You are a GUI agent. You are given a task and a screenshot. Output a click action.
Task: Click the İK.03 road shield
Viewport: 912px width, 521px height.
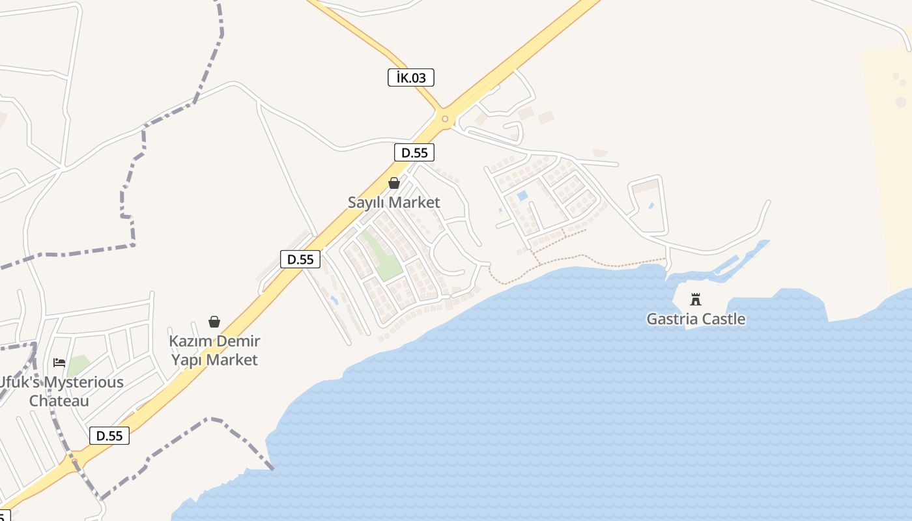(410, 78)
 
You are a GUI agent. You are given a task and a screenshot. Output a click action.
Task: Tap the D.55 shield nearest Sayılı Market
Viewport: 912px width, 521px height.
(414, 153)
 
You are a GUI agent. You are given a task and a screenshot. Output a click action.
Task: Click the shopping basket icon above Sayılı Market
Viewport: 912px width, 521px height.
(393, 183)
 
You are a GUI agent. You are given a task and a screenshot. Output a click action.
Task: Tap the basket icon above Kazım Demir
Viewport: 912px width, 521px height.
(214, 322)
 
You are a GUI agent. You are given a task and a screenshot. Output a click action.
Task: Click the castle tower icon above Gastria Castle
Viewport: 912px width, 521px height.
(696, 300)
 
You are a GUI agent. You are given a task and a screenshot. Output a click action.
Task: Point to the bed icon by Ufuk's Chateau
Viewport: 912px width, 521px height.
(59, 362)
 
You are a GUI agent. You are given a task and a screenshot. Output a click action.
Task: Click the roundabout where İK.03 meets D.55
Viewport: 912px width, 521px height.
(446, 119)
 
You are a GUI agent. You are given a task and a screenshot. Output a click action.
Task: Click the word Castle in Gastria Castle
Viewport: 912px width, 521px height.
(722, 319)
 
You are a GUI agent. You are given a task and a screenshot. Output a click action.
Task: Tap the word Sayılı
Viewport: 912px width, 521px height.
(367, 203)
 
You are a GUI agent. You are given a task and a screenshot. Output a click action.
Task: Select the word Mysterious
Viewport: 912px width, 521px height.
(81, 382)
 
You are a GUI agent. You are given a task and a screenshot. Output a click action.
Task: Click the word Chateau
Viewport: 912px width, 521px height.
(59, 401)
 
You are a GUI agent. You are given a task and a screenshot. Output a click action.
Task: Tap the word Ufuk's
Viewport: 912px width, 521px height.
(11, 382)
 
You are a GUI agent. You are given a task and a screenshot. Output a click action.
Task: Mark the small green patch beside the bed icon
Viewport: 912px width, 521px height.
(78, 365)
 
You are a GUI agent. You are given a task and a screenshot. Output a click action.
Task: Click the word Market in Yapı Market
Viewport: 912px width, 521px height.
(233, 360)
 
